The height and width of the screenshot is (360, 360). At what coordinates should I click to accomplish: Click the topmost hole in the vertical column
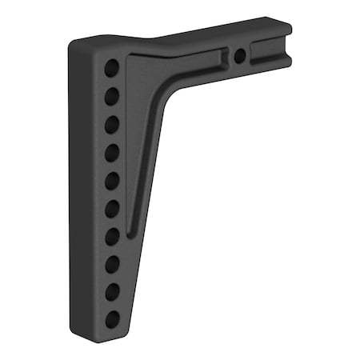point(112,68)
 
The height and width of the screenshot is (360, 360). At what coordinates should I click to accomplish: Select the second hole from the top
point(112,96)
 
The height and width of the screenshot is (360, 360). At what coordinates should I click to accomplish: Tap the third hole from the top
point(112,124)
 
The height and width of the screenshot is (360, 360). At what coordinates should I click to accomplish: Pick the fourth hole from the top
point(112,152)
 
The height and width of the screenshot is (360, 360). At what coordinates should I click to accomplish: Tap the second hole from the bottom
point(112,291)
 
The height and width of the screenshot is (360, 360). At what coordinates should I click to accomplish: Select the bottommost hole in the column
point(112,319)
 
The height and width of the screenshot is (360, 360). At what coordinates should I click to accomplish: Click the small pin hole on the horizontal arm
point(239,56)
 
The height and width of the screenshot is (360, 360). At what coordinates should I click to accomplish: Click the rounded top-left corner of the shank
point(78,44)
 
